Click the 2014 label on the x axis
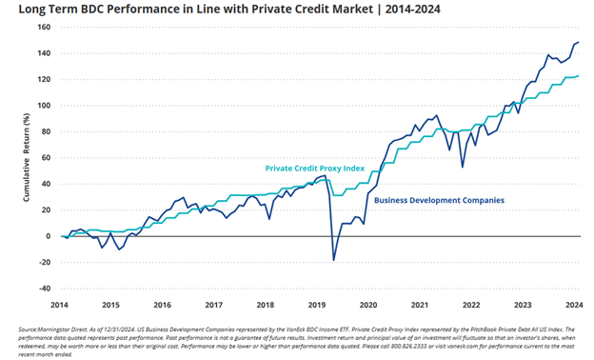60,305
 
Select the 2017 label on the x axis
213,305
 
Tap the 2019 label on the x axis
317,305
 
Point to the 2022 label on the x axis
471,305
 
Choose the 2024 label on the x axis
574,305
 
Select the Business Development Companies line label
439,200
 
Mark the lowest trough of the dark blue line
333,260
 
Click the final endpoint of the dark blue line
579,42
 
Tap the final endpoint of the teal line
579,76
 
